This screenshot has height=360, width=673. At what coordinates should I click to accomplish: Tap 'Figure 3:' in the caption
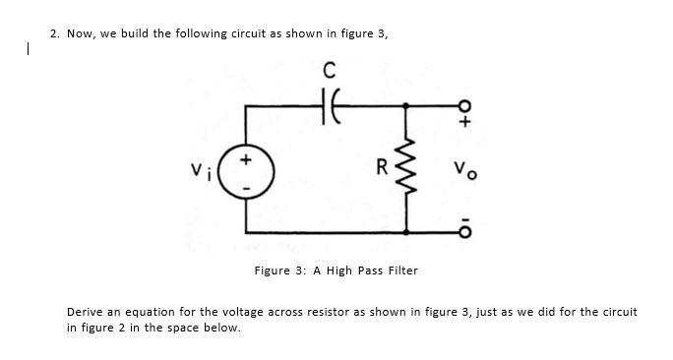tap(278, 270)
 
